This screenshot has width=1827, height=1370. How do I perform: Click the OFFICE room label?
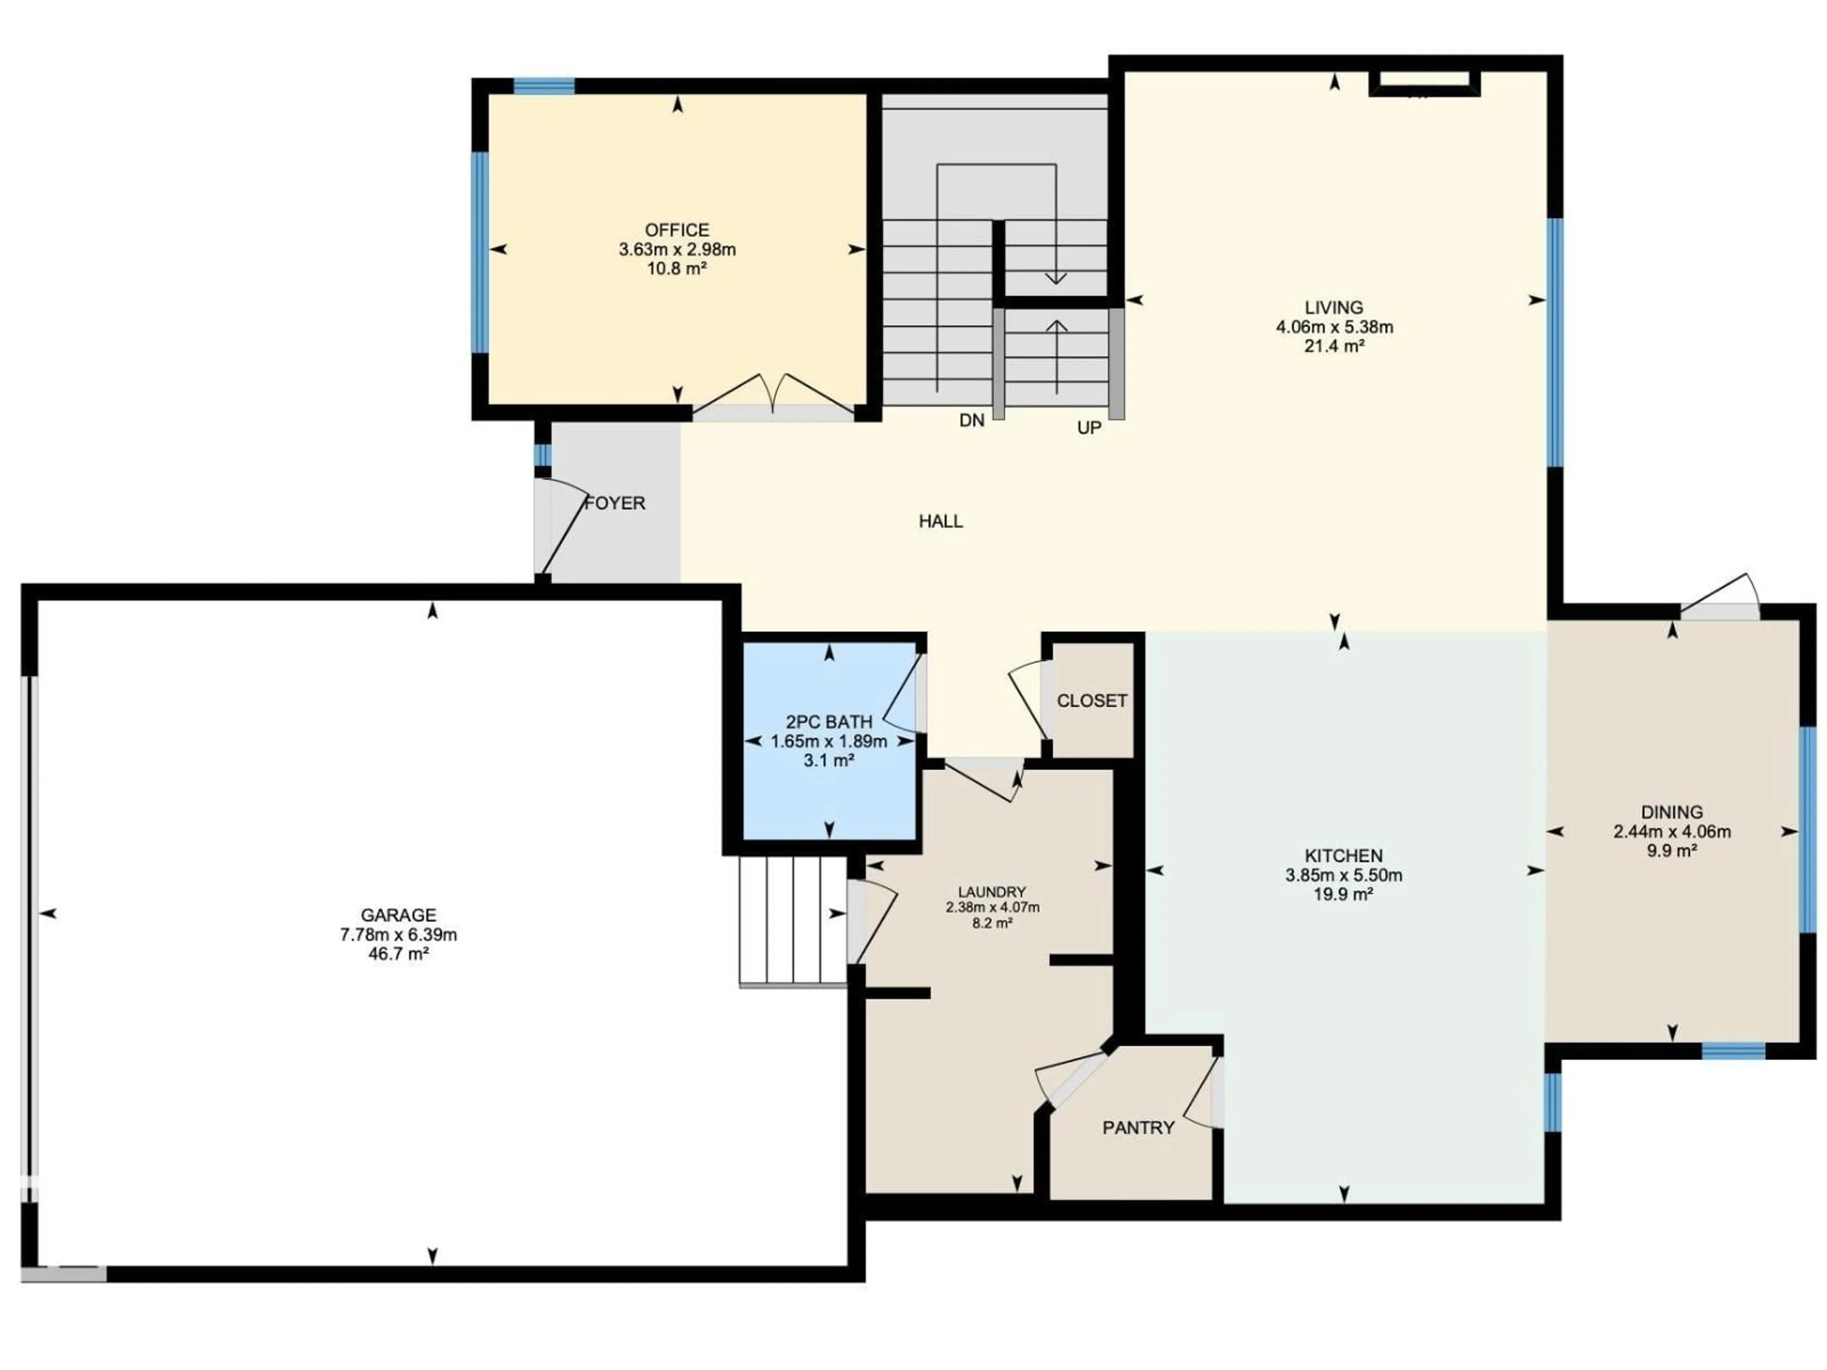(677, 230)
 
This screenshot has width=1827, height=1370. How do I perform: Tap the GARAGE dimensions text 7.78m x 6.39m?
(398, 935)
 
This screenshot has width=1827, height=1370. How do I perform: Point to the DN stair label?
(972, 421)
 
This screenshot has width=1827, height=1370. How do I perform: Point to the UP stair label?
(1089, 428)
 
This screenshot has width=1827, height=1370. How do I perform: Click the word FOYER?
(615, 503)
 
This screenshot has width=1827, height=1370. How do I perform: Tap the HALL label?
(940, 521)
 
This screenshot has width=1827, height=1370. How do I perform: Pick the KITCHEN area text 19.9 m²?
(1343, 894)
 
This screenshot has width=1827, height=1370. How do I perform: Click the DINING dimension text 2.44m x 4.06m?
(1672, 832)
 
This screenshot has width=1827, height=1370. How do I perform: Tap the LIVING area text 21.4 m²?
(1334, 346)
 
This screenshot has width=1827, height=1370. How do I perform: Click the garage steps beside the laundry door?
(793, 921)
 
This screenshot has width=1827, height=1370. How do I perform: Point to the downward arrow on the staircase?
(1056, 277)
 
